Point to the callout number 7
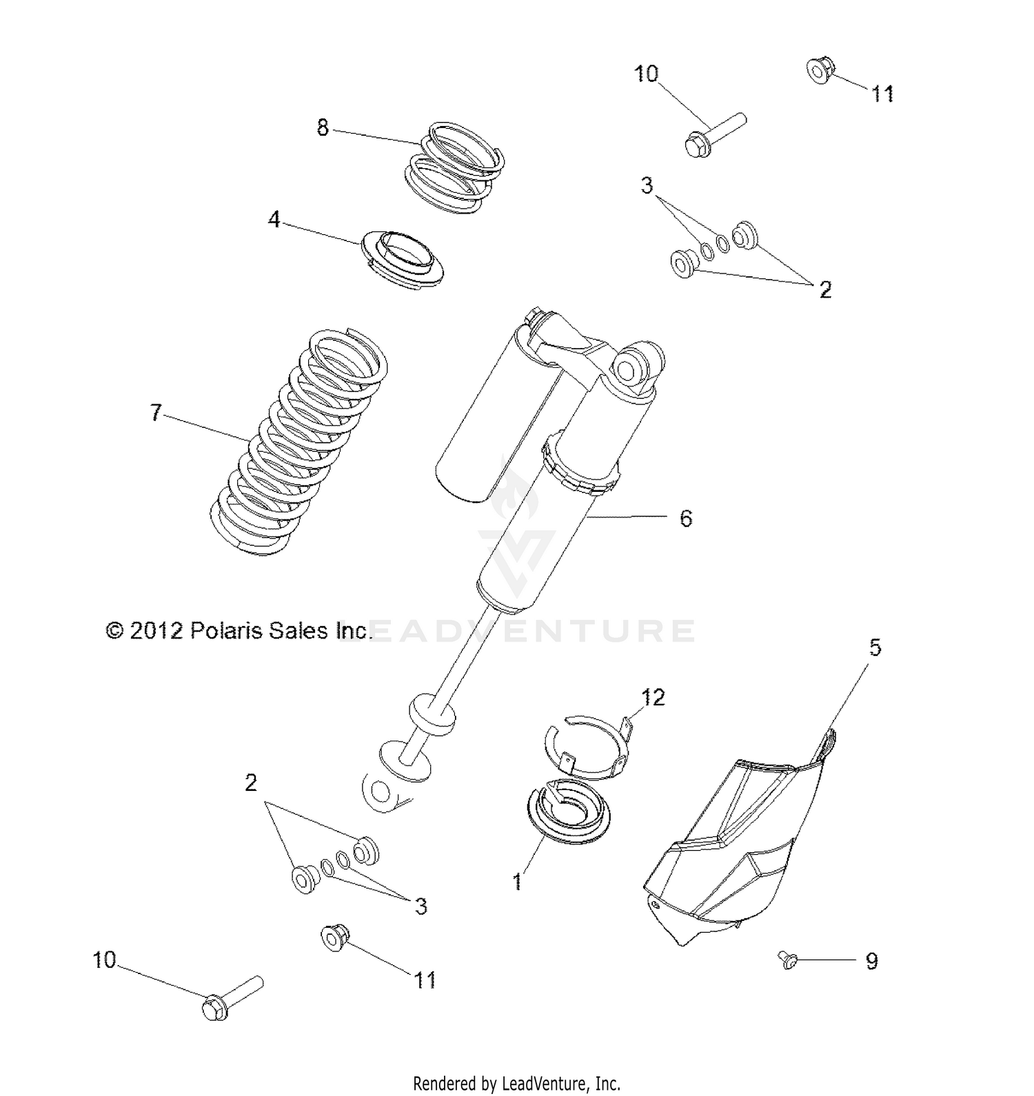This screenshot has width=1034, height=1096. coord(156,413)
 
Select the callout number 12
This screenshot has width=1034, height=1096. coord(653,697)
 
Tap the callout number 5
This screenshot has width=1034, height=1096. coord(874,648)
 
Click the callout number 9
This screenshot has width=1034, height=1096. coord(872,961)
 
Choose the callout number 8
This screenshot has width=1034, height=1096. coord(323,127)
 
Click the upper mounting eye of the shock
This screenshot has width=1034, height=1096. coord(629,367)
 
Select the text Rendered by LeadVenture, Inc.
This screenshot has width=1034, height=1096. coord(517,1083)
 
